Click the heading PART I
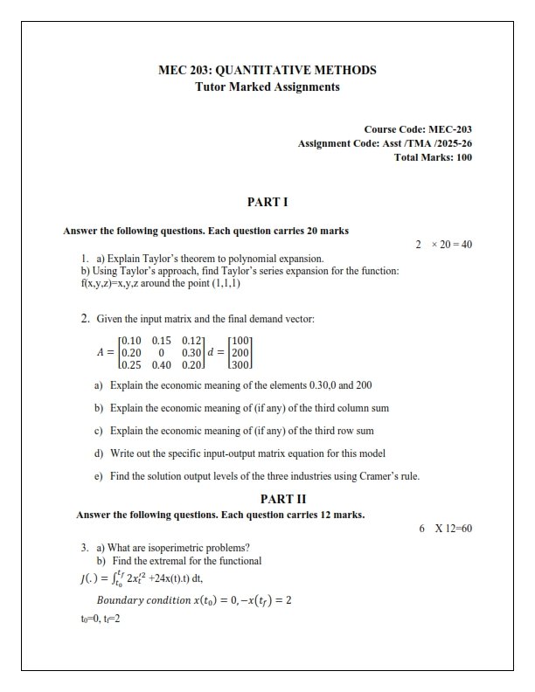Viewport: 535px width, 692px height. (x=267, y=202)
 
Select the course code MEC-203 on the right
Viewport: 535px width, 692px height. (x=450, y=129)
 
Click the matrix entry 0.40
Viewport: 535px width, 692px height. (x=162, y=364)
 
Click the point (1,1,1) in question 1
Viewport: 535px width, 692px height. (x=222, y=284)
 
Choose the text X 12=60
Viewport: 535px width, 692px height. (x=453, y=528)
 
